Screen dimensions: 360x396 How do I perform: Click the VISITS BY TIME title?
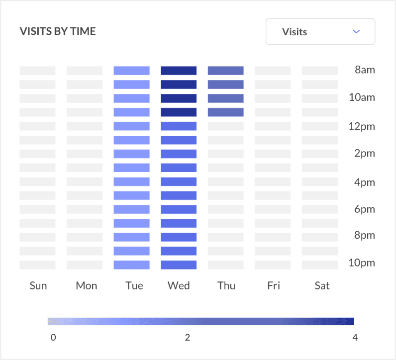(x=58, y=31)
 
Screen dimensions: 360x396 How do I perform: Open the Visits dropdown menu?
(x=320, y=32)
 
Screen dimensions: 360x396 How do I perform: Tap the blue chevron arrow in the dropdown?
(x=356, y=31)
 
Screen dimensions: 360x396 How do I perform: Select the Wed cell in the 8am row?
(x=179, y=71)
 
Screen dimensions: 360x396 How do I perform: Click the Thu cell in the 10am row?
(x=225, y=98)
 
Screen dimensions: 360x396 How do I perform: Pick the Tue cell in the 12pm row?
(x=131, y=126)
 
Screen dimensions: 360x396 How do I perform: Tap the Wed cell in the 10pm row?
(x=179, y=265)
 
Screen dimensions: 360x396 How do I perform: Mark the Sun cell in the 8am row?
(x=37, y=71)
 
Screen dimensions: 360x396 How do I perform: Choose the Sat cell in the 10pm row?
(x=319, y=265)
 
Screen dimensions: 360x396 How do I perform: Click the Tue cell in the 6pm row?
(x=131, y=209)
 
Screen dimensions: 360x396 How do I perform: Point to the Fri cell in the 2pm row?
(x=273, y=154)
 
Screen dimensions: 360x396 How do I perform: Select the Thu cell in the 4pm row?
(x=225, y=181)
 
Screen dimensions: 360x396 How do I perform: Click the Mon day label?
(x=87, y=285)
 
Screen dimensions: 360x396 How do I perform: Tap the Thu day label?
(x=226, y=285)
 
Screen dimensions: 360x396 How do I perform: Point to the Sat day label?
(x=322, y=285)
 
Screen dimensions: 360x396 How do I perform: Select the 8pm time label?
(x=365, y=235)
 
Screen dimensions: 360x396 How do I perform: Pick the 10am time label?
(x=362, y=97)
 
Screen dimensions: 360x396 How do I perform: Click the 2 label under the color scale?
(x=188, y=338)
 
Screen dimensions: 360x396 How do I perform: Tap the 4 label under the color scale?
(x=355, y=338)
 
